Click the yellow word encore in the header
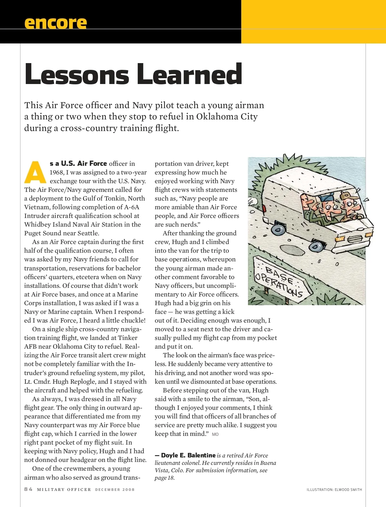pyautogui.click(x=55, y=23)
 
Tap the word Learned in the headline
pyautogui.click(x=189, y=74)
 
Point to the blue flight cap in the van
pyautogui.click(x=326, y=197)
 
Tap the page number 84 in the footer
pyautogui.click(x=28, y=489)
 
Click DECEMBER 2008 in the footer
pyautogui.click(x=115, y=490)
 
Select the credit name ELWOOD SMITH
pyautogui.click(x=348, y=490)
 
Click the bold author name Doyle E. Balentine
pyautogui.click(x=188, y=455)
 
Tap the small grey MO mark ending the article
pyautogui.click(x=215, y=434)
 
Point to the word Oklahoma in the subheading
pyautogui.click(x=217, y=117)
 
